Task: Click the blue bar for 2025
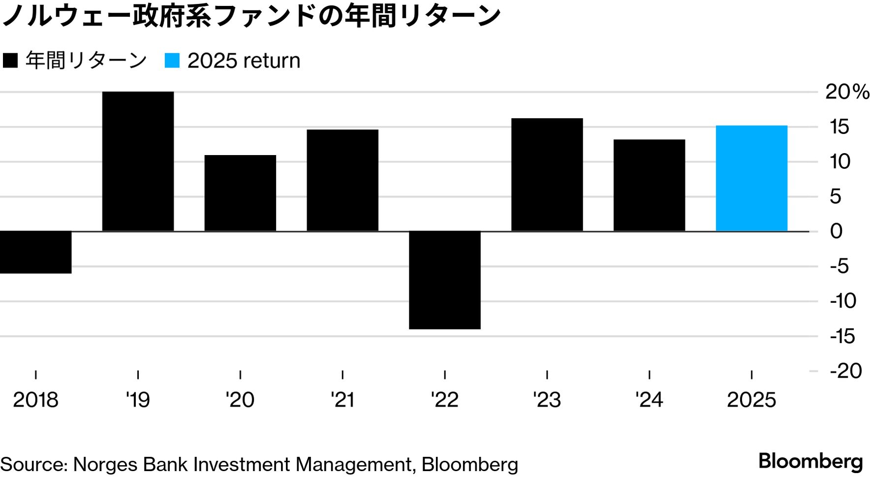coord(751,178)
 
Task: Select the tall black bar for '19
coord(138,161)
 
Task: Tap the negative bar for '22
coord(444,280)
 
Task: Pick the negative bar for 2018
coord(35,252)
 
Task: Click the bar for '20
coord(240,193)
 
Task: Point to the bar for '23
coord(547,175)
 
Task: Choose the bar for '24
coord(649,185)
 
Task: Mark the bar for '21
coord(342,180)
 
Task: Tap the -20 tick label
coord(845,371)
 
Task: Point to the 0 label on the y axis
coord(836,231)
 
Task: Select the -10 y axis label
coord(843,301)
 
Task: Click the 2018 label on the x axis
coord(35,400)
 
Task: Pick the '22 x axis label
coord(444,400)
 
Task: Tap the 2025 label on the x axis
coord(751,400)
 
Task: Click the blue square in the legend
coord(172,61)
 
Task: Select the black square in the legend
coord(10,61)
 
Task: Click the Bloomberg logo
coord(810,461)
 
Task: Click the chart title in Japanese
coord(251,16)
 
